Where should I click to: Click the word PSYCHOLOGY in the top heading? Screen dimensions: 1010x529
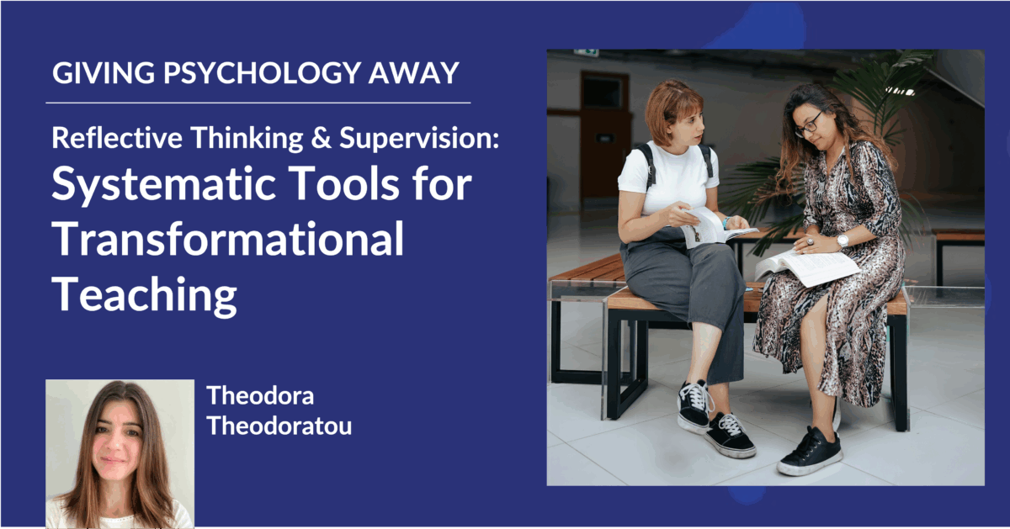[262, 73]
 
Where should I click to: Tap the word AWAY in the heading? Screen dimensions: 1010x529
[414, 72]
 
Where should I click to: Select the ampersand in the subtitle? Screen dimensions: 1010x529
[321, 138]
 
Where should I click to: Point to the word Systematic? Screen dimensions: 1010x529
[163, 186]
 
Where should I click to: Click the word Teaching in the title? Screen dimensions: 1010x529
[144, 294]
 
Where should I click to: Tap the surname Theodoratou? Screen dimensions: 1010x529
[279, 426]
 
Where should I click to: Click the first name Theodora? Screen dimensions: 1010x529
[260, 395]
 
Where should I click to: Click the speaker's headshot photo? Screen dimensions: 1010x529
[120, 453]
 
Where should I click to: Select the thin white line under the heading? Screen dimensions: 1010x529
[258, 103]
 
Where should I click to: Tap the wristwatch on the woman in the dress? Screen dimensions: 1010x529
[843, 241]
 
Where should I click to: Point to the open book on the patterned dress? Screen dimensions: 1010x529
[807, 267]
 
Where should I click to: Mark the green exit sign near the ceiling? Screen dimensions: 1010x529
[586, 53]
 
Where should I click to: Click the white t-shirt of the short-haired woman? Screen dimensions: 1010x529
[668, 179]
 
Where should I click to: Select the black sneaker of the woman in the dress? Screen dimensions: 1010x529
[810, 452]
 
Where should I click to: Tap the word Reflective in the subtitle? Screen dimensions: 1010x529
[117, 137]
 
